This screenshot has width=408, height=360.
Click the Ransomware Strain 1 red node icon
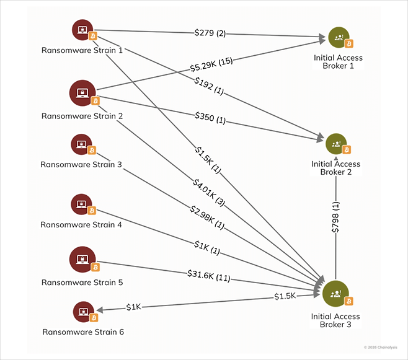point(82,29)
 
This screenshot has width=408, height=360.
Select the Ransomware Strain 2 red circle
point(82,92)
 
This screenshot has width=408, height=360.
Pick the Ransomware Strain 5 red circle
point(82,259)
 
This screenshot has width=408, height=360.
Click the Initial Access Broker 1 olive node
point(338,38)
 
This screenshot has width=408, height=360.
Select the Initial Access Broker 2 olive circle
point(335,144)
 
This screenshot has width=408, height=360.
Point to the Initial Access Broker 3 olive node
point(336,293)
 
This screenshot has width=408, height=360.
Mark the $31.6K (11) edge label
point(208,275)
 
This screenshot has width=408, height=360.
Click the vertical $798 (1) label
point(336,216)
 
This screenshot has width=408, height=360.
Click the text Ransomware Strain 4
point(81,224)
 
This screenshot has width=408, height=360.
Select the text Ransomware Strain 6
point(83,331)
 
